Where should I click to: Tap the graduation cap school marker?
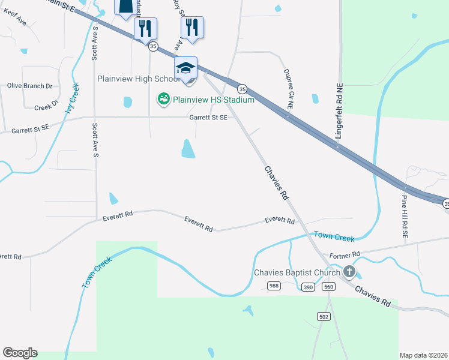tap(185, 67)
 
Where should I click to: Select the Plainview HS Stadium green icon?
tap(163, 99)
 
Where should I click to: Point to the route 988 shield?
tap(274, 286)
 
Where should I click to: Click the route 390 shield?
tap(308, 287)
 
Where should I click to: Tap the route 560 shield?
tap(328, 287)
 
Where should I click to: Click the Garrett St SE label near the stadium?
tap(208, 118)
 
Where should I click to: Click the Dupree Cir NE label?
tap(289, 88)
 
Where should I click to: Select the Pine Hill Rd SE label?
tap(405, 218)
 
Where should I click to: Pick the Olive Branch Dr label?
tap(30, 86)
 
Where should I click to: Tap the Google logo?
tap(20, 353)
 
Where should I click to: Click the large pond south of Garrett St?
tap(188, 148)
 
